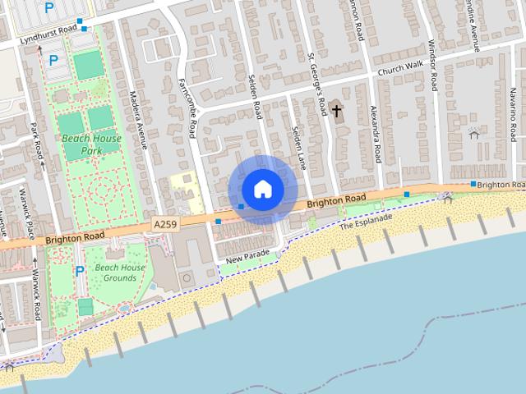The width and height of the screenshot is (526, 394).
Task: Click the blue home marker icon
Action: tap(262, 189)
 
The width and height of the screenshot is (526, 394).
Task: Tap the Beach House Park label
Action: tap(91, 144)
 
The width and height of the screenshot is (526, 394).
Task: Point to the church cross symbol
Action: tap(336, 110)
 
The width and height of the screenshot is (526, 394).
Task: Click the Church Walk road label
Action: tap(400, 68)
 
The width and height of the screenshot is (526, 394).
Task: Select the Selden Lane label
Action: tap(298, 149)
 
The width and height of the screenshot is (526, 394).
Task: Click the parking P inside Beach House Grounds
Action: tap(80, 271)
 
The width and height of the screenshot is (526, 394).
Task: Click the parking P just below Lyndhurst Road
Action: tap(53, 60)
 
